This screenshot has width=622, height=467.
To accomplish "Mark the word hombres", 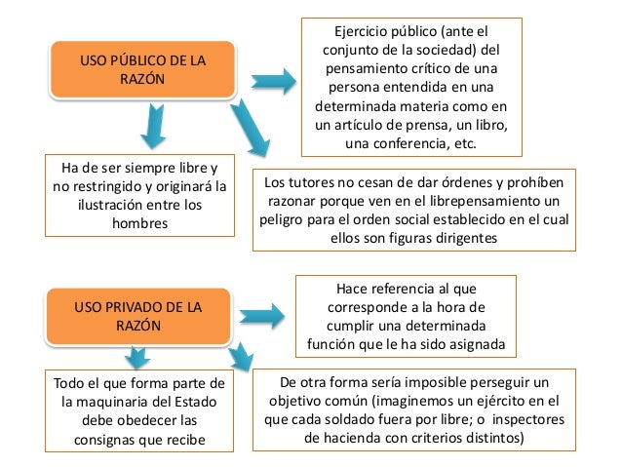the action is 141,224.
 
